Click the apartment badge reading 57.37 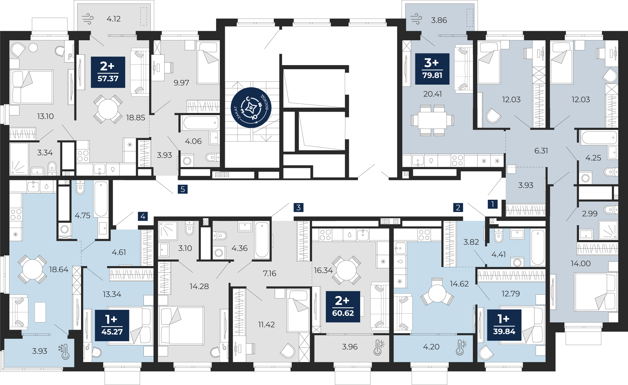point(108,72)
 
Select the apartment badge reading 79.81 point(432,69)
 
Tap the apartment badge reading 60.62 point(343,307)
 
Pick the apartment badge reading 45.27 point(112,325)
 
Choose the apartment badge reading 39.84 point(504,325)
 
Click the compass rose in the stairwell point(251,108)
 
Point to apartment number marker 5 point(182,189)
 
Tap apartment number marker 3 point(298,207)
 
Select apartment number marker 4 point(143,216)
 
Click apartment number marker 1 point(493,204)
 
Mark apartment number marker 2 point(458,207)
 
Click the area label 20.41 point(432,94)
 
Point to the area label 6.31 point(541,151)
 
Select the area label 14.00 point(581,263)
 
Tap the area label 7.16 point(269,273)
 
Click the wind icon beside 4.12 point(88,19)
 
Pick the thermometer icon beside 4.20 point(461,347)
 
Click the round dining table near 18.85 point(108,109)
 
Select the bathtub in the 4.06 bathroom point(201,123)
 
